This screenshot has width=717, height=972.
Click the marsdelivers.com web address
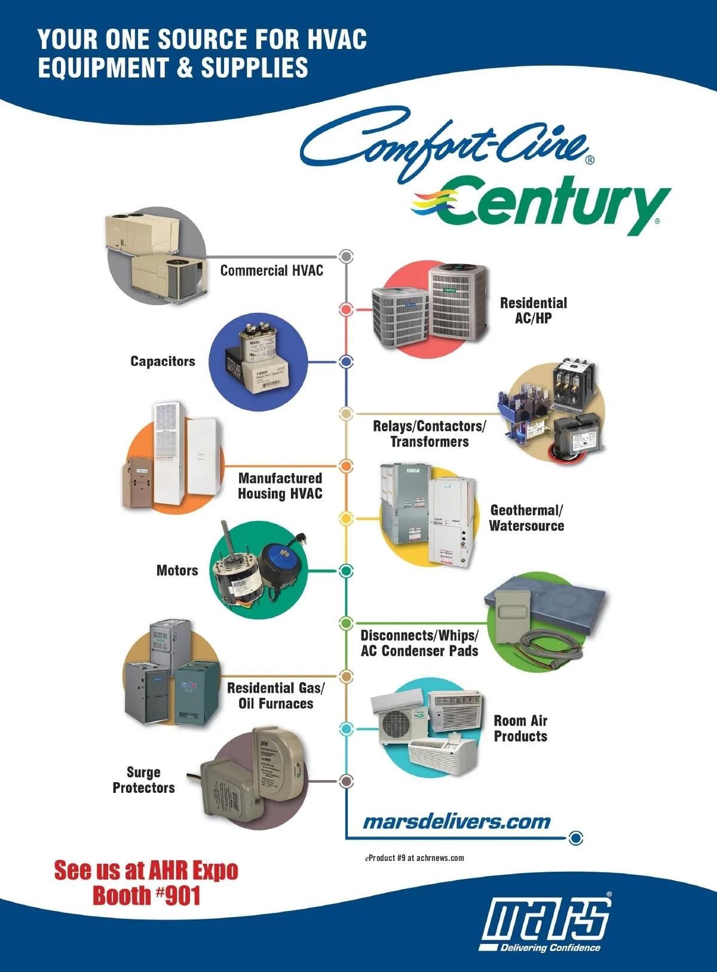click(456, 822)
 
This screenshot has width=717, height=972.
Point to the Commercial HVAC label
click(271, 271)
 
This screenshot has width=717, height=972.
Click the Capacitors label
click(163, 361)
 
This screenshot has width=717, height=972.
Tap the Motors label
click(177, 570)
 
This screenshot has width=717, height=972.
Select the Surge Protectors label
click(143, 780)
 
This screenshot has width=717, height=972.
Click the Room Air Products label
click(520, 728)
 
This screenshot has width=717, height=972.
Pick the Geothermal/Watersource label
click(526, 518)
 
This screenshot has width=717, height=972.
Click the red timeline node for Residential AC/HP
click(346, 309)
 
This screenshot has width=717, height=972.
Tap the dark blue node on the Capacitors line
click(346, 361)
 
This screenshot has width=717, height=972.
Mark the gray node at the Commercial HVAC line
click(346, 256)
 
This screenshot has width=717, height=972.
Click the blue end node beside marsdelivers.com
click(575, 838)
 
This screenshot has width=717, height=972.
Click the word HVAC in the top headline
click(337, 39)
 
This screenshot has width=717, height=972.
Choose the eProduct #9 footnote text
click(415, 858)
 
